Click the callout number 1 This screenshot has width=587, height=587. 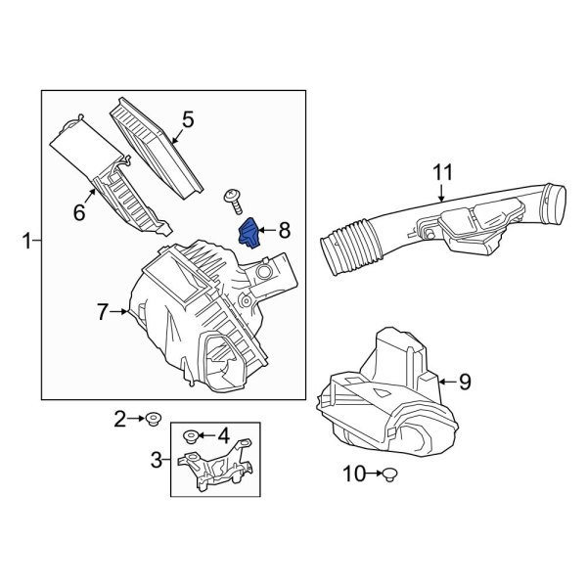click(x=26, y=238)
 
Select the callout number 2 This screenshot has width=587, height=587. click(x=120, y=420)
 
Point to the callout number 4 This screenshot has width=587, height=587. click(x=222, y=433)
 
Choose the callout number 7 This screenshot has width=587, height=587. click(x=103, y=312)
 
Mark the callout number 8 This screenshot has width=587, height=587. click(x=284, y=230)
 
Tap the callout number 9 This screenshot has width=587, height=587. click(x=465, y=380)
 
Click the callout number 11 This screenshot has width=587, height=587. click(x=444, y=173)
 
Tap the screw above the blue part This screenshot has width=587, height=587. click(x=234, y=201)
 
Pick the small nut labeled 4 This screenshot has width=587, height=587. click(x=193, y=434)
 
